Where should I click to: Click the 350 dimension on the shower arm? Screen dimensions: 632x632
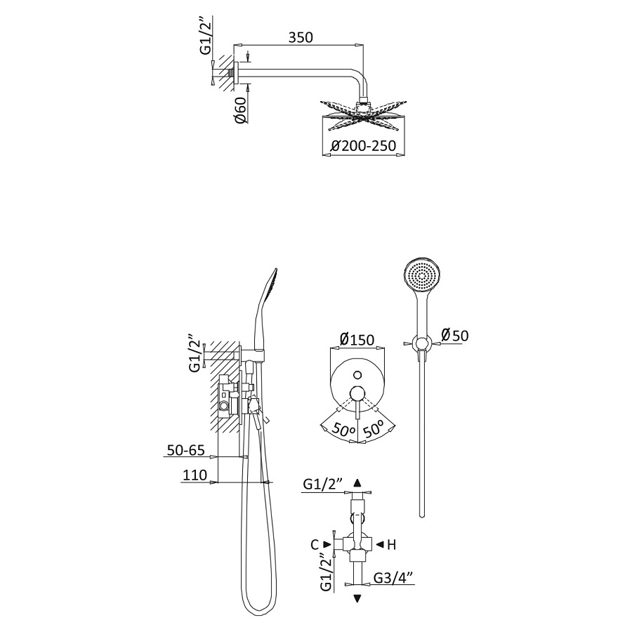pyautogui.click(x=301, y=37)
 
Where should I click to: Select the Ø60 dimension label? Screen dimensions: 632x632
pyautogui.click(x=241, y=110)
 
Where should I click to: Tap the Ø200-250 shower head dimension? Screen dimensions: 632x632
pyautogui.click(x=363, y=145)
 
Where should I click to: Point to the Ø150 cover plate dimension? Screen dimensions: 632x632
pyautogui.click(x=357, y=340)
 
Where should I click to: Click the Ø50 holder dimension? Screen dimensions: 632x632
pyautogui.click(x=455, y=335)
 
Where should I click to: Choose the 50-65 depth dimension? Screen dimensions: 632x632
pyautogui.click(x=186, y=450)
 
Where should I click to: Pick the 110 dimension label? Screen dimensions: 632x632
pyautogui.click(x=195, y=475)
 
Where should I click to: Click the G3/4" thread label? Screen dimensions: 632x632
pyautogui.click(x=393, y=578)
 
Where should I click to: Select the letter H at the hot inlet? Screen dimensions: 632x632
pyautogui.click(x=391, y=545)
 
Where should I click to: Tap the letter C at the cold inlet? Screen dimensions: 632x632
pyautogui.click(x=315, y=545)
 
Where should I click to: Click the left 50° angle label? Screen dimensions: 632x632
pyautogui.click(x=343, y=430)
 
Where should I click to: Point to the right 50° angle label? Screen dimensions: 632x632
pyautogui.click(x=374, y=429)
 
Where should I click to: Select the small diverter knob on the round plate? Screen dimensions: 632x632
pyautogui.click(x=357, y=375)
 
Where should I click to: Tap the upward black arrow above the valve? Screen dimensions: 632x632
pyautogui.click(x=357, y=483)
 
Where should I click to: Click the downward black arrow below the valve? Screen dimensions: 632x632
pyautogui.click(x=357, y=598)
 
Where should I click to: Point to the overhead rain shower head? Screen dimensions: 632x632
pyautogui.click(x=363, y=115)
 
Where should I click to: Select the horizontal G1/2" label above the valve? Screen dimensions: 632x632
pyautogui.click(x=322, y=484)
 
